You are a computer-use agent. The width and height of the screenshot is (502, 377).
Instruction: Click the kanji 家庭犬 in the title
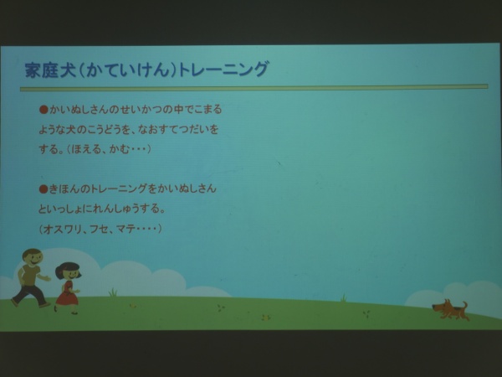[x=50, y=70]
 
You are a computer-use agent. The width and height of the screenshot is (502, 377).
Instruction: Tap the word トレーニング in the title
[x=223, y=70]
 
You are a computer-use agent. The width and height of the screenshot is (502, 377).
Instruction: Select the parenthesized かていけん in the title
[x=127, y=70]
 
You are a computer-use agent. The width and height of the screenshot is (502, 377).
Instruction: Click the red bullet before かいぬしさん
[x=44, y=110]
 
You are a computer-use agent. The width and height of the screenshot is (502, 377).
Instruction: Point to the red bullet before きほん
[x=44, y=189]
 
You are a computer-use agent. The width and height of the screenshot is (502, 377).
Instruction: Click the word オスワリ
[x=62, y=230]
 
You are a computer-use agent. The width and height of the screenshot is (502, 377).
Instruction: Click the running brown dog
[x=450, y=309]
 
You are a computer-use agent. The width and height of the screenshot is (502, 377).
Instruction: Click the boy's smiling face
[x=33, y=258]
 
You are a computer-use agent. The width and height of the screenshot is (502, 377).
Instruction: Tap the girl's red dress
[x=67, y=293]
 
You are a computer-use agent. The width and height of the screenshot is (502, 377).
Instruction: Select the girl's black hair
[x=68, y=269]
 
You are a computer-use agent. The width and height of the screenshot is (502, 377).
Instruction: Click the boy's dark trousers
[x=31, y=295]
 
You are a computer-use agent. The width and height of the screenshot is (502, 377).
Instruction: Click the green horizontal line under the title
[x=254, y=87]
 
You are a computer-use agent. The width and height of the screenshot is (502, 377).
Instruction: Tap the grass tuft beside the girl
[x=113, y=292]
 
